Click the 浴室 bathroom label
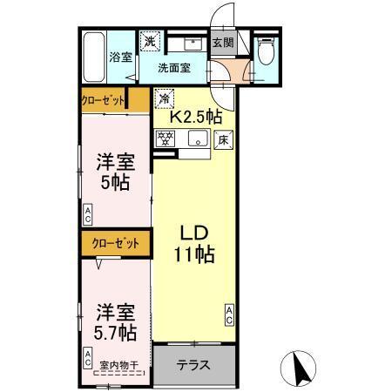coord(120,58)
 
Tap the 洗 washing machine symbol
coord(150,41)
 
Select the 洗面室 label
coord(174,67)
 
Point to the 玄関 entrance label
coord(223,42)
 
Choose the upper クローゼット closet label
coord(102,99)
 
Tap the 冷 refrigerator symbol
coord(163,98)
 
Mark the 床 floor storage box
coord(222,138)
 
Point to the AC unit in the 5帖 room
coord(88,213)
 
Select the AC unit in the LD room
coord(229,315)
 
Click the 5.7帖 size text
coord(114,332)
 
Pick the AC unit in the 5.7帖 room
coord(88,355)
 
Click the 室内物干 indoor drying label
coord(118,366)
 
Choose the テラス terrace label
coord(193,365)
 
